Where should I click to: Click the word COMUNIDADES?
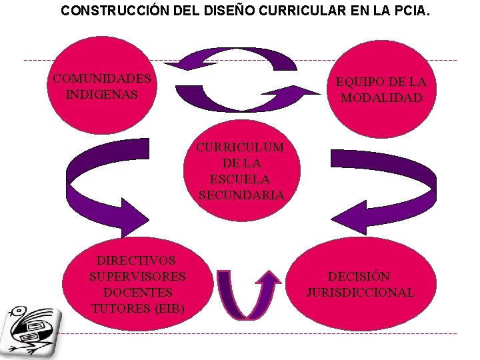(x=102, y=79)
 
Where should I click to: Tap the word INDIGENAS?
(x=102, y=95)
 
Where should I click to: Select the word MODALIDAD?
(x=381, y=98)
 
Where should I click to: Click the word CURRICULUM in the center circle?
(x=240, y=147)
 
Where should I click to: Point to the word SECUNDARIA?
(x=241, y=195)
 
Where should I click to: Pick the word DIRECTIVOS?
(x=136, y=260)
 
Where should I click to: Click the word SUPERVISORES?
(x=137, y=276)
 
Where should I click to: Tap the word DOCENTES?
(x=137, y=292)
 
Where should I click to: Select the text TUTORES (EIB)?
(x=137, y=308)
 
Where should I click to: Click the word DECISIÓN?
(x=359, y=276)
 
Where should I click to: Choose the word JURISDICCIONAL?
(x=360, y=292)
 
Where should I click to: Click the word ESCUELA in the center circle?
(x=240, y=179)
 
